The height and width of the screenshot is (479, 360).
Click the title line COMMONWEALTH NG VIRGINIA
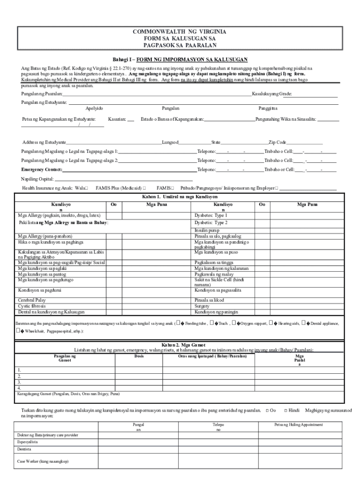click(x=180, y=32)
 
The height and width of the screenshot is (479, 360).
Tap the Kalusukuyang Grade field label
click(x=272, y=94)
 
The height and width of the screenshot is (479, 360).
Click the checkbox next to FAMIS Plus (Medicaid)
click(x=144, y=188)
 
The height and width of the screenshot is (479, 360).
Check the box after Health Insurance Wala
click(x=86, y=188)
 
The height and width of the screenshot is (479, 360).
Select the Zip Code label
click(x=277, y=142)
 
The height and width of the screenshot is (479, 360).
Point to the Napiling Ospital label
click(x=37, y=179)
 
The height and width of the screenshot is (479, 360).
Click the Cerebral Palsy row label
click(x=32, y=300)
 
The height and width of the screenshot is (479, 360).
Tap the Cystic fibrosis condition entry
click(x=32, y=306)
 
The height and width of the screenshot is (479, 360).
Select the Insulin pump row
click(x=207, y=231)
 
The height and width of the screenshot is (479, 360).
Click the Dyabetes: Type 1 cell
click(x=211, y=216)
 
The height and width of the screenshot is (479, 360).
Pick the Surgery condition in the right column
click(x=203, y=306)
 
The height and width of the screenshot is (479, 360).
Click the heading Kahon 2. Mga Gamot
click(x=180, y=345)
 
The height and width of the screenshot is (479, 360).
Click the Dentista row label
click(x=25, y=449)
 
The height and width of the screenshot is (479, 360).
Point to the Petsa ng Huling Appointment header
click(x=299, y=425)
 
